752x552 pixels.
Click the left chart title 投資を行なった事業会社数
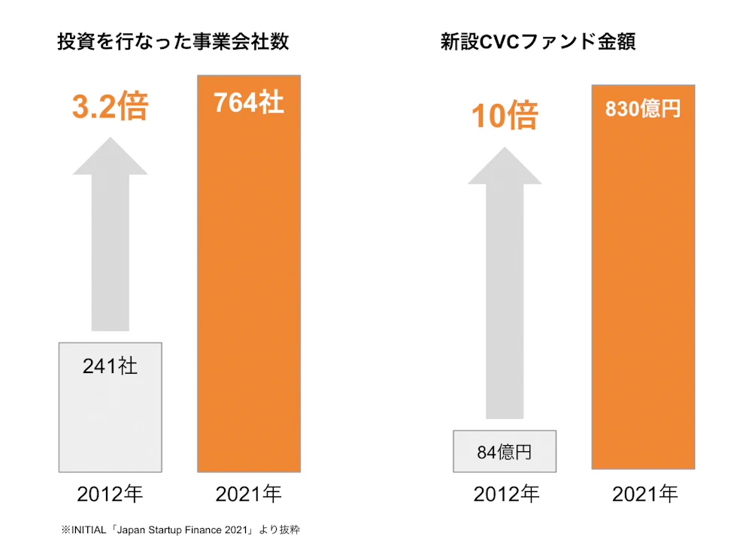pos(173,42)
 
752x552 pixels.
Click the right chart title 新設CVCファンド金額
pos(538,42)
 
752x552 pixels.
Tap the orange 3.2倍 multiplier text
pos(110,107)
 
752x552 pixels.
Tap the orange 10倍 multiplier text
pos(505,116)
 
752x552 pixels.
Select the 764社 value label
pos(248,102)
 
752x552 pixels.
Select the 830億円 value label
pos(642,108)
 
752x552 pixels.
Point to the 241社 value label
pos(110,366)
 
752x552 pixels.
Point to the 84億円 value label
pos(504,452)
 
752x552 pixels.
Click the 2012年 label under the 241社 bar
pos(110,494)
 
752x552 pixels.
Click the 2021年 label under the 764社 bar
pos(248,494)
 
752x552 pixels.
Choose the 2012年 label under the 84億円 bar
pos(505,494)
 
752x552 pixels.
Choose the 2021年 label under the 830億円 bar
pos(644,494)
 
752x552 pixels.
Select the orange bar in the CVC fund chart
pos(643,301)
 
